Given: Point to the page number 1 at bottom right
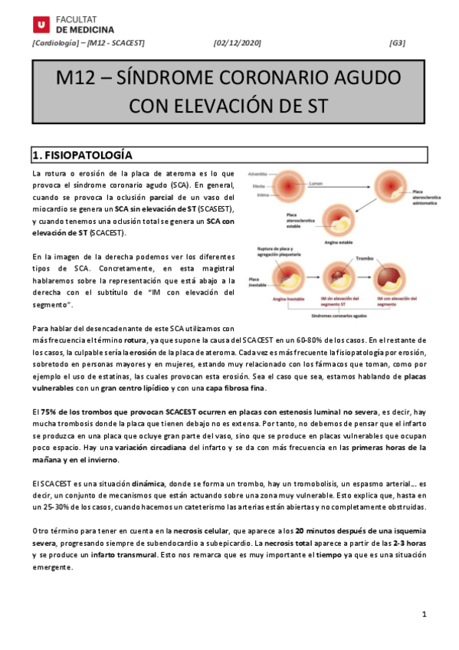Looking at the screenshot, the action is [424, 616].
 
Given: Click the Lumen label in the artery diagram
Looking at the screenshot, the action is [316, 184].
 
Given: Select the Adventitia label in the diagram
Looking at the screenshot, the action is [258, 174].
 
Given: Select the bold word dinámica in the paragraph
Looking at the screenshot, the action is [148, 484].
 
